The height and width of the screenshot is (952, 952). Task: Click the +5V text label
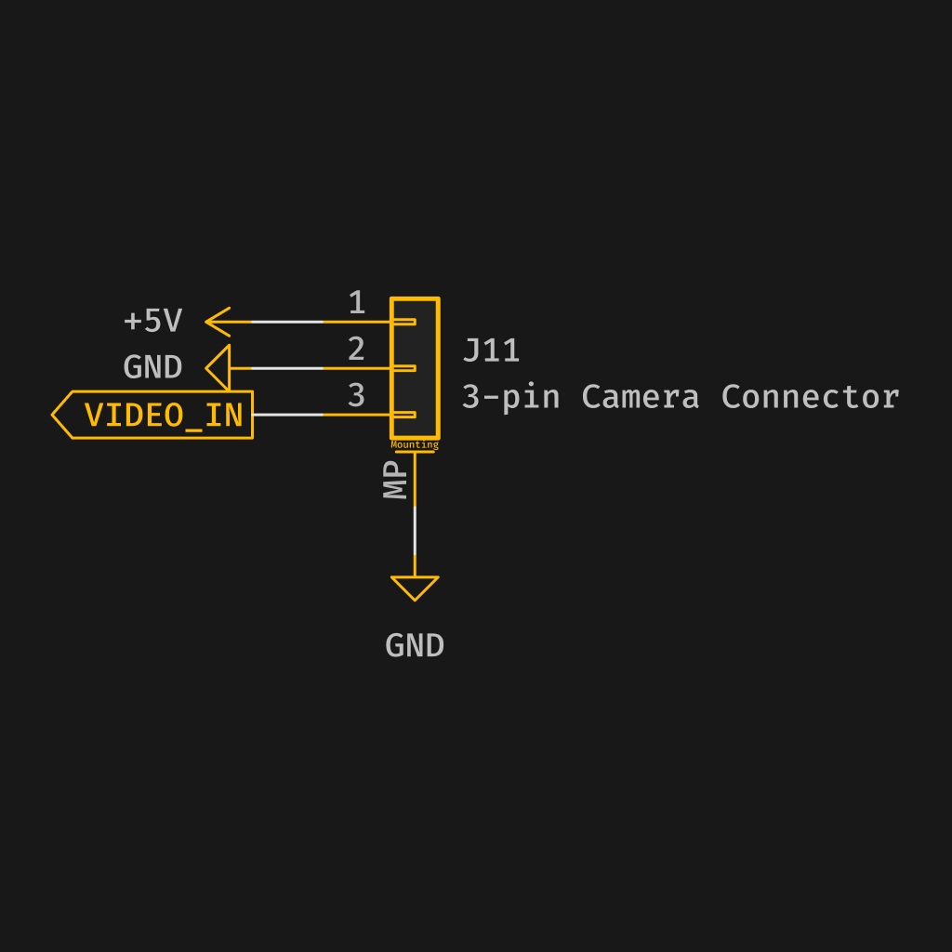click(x=152, y=322)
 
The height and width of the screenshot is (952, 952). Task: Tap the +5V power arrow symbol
click(x=218, y=322)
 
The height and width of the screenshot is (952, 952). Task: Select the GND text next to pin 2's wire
click(x=152, y=368)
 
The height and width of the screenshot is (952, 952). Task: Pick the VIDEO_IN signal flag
click(x=154, y=415)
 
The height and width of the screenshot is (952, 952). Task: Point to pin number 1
click(x=356, y=303)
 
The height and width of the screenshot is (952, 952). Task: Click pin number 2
click(x=356, y=350)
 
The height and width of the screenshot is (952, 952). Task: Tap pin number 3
click(x=356, y=396)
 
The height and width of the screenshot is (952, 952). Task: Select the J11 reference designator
click(x=491, y=350)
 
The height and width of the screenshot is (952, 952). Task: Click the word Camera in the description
click(x=640, y=397)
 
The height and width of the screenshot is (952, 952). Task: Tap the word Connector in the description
click(x=810, y=397)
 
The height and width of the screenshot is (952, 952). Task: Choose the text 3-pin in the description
click(x=510, y=397)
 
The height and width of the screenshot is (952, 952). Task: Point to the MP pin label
click(x=397, y=482)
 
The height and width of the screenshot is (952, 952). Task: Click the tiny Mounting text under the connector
click(x=415, y=445)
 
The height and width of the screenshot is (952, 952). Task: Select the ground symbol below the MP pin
click(x=415, y=587)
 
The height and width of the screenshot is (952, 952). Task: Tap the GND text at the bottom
click(x=415, y=646)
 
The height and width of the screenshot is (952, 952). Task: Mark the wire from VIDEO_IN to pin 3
click(x=288, y=415)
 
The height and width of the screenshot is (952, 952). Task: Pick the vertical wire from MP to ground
click(x=415, y=530)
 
